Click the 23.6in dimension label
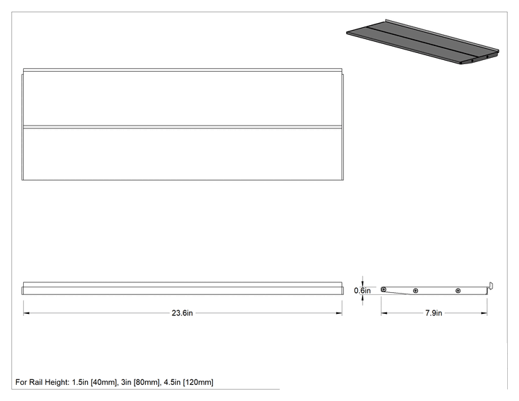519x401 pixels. (182, 313)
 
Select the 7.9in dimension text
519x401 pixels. (434, 313)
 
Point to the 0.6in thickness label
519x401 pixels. (362, 291)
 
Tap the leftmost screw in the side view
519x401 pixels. (384, 289)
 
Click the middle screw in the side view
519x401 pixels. (415, 291)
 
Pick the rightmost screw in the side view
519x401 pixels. (458, 291)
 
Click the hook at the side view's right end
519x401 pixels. (491, 286)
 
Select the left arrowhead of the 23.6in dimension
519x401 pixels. (26, 313)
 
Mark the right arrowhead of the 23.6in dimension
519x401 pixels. (339, 313)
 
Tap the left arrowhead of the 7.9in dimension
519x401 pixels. (384, 313)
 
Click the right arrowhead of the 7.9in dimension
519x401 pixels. (484, 313)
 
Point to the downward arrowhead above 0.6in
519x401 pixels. (363, 284)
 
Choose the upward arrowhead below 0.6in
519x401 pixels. (363, 298)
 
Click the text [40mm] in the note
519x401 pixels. (104, 382)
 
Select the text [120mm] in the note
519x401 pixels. (198, 382)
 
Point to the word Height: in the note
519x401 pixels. (57, 382)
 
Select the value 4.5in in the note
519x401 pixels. (172, 382)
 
